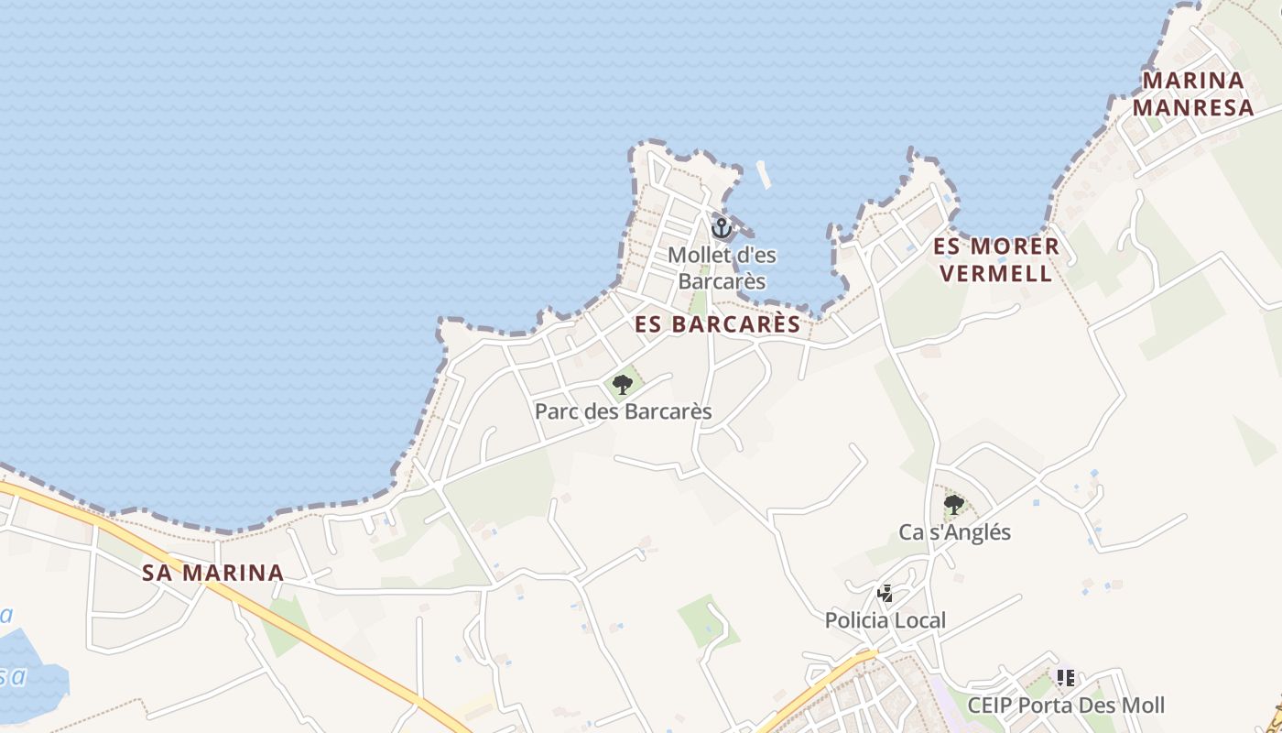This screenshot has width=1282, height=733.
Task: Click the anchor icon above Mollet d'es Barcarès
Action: pyautogui.click(x=722, y=227)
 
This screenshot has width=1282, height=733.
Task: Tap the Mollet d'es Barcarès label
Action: pyautogui.click(x=722, y=268)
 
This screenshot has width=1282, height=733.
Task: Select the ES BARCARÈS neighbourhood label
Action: pyautogui.click(x=718, y=324)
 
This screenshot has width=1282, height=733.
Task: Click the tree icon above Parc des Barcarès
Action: pyautogui.click(x=623, y=384)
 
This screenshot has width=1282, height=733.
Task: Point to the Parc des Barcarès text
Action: pyautogui.click(x=623, y=411)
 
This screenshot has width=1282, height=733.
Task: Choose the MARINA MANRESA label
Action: pyautogui.click(x=1193, y=93)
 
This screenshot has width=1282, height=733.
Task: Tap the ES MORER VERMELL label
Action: pyautogui.click(x=996, y=259)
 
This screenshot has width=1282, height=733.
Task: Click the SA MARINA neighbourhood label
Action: pyautogui.click(x=212, y=574)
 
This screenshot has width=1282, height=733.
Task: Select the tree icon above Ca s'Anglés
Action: pyautogui.click(x=954, y=504)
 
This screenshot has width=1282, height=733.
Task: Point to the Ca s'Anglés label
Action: pyautogui.click(x=954, y=532)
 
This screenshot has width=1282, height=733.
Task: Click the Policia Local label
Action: pyautogui.click(x=885, y=620)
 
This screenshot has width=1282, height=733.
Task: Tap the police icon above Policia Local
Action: pyautogui.click(x=885, y=594)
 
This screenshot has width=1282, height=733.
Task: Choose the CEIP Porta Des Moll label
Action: pyautogui.click(x=1066, y=706)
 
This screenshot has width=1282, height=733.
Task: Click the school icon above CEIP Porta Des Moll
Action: pyautogui.click(x=1065, y=678)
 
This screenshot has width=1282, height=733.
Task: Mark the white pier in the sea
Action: pyautogui.click(x=764, y=174)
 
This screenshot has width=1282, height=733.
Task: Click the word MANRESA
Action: pyautogui.click(x=1193, y=107)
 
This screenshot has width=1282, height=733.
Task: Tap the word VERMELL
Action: pyautogui.click(x=996, y=273)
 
